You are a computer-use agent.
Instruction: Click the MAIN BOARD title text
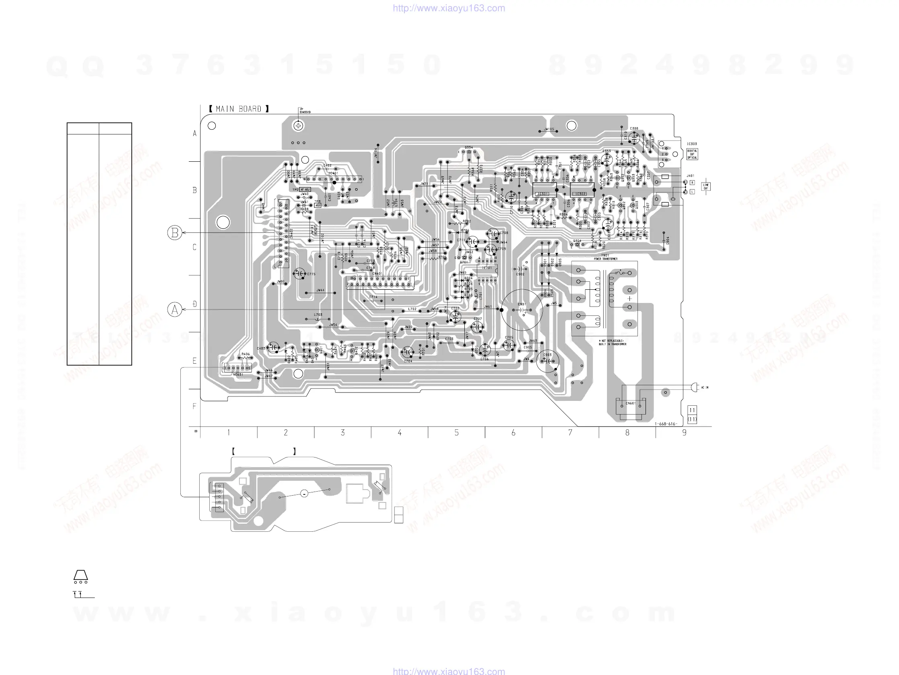(239, 109)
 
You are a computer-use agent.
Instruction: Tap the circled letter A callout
(175, 310)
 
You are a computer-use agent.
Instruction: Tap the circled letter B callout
(175, 233)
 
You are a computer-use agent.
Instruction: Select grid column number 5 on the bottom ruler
(456, 433)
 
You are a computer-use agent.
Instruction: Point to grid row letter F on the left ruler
(194, 406)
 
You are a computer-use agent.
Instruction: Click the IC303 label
(692, 144)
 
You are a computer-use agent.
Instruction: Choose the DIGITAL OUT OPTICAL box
(692, 154)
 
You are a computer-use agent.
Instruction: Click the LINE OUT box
(706, 187)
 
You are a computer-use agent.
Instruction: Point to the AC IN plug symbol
(694, 387)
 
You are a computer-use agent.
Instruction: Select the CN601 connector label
(630, 403)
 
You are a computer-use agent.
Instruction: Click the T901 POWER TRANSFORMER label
(605, 257)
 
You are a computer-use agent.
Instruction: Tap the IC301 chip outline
(544, 190)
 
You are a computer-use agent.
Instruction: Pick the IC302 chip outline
(582, 190)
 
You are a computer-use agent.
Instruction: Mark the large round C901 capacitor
(522, 309)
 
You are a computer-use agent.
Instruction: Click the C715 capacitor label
(311, 274)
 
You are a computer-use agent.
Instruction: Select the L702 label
(412, 309)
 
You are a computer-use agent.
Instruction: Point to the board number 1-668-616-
(665, 424)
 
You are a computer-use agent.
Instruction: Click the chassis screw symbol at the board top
(298, 126)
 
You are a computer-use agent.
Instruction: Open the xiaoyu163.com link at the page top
(449, 8)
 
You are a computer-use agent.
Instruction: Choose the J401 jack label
(691, 176)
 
